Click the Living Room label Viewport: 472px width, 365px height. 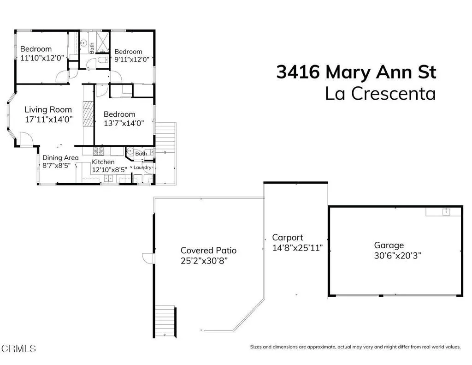tap(48, 110)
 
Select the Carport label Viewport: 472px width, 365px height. tap(288, 238)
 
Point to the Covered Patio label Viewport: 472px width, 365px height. tap(208, 251)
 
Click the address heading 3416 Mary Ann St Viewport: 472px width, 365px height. tap(356, 72)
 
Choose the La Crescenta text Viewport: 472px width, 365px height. tap(380, 94)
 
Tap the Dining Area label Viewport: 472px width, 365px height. tap(60, 158)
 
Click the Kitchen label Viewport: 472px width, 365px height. tap(103, 162)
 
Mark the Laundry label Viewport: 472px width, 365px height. tap(142, 168)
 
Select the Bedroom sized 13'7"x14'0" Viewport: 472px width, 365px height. tap(119, 114)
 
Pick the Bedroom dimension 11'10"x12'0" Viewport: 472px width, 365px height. tap(42, 58)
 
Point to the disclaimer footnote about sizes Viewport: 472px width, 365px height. tap(355, 347)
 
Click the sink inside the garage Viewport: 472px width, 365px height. tap(446, 212)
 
